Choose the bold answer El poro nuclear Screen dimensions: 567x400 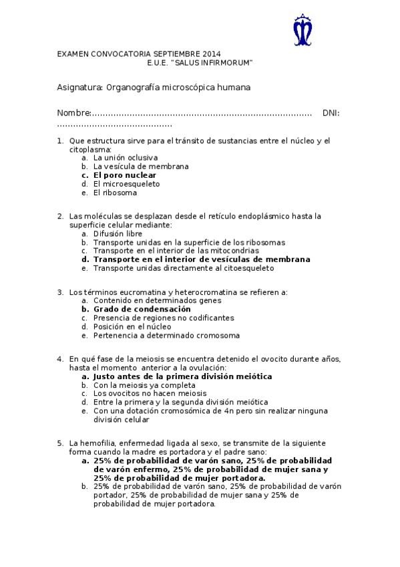125,175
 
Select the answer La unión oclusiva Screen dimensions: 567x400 126,158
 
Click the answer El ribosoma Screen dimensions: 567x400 115,193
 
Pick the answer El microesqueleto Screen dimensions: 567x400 126,184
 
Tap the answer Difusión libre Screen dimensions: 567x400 118,234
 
